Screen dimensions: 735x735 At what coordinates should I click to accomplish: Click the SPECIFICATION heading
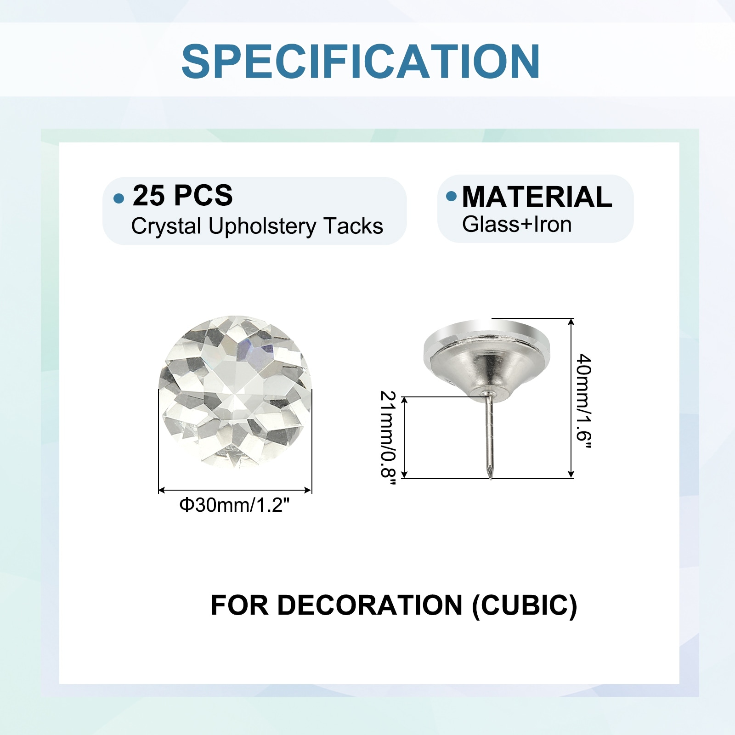(361, 62)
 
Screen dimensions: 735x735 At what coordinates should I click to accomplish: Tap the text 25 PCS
(182, 195)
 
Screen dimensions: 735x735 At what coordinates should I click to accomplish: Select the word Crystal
(166, 226)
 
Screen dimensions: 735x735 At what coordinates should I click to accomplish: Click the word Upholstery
(262, 226)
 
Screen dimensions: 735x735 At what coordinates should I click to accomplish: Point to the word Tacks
(353, 226)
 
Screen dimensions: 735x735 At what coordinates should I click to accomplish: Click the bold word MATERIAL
(537, 197)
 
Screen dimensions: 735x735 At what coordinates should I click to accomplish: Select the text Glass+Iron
(517, 225)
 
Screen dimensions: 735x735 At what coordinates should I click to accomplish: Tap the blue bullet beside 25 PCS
(119, 198)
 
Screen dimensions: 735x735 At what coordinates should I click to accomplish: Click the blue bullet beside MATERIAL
(452, 196)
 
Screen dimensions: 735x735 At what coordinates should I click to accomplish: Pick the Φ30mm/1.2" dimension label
(235, 505)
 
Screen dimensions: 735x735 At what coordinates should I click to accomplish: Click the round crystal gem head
(235, 392)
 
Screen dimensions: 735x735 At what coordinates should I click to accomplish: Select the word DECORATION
(369, 605)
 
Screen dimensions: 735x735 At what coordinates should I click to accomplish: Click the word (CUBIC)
(525, 605)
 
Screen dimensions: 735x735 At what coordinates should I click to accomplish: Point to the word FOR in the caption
(239, 605)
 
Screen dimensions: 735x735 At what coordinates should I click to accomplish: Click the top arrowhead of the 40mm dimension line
(571, 322)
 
